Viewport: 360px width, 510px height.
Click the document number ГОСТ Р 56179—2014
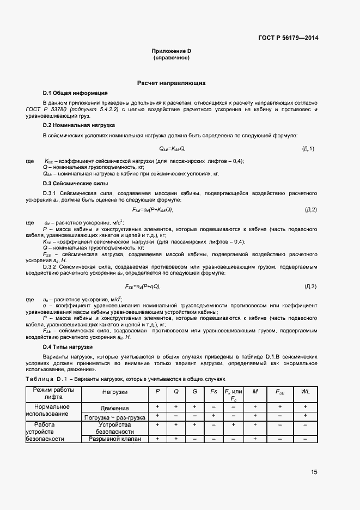tap(288, 38)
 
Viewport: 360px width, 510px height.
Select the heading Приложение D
tap(172, 51)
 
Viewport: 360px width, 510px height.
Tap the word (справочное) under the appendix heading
tap(172, 57)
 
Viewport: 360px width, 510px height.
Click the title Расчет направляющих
tap(172, 83)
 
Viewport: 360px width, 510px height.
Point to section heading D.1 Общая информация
tap(75, 93)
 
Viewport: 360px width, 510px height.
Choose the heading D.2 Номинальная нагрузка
tap(79, 125)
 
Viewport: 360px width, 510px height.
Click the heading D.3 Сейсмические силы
tap(75, 183)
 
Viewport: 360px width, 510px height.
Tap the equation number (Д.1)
tap(308, 148)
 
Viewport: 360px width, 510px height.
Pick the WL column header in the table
tap(305, 391)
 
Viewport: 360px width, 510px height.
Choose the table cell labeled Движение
tap(115, 408)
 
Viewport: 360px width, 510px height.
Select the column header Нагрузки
tap(115, 391)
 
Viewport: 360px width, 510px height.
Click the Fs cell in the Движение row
tap(213, 407)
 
